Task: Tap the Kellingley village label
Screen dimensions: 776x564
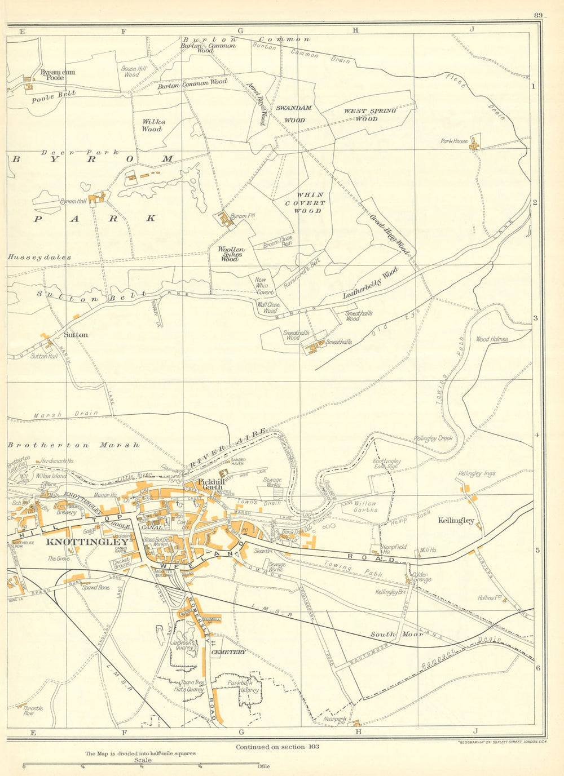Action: (x=456, y=521)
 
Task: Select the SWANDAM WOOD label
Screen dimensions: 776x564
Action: (x=293, y=113)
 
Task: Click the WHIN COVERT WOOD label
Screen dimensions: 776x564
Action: (x=306, y=203)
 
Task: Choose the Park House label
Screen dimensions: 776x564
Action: (x=454, y=141)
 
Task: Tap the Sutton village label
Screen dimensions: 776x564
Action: (x=76, y=335)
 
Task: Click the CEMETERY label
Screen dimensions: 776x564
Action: (x=228, y=652)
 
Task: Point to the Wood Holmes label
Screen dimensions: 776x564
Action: (x=492, y=339)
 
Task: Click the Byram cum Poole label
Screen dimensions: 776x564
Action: (x=58, y=75)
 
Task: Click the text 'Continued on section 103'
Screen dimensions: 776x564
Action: (x=277, y=747)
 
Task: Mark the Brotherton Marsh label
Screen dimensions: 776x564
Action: (x=73, y=445)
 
